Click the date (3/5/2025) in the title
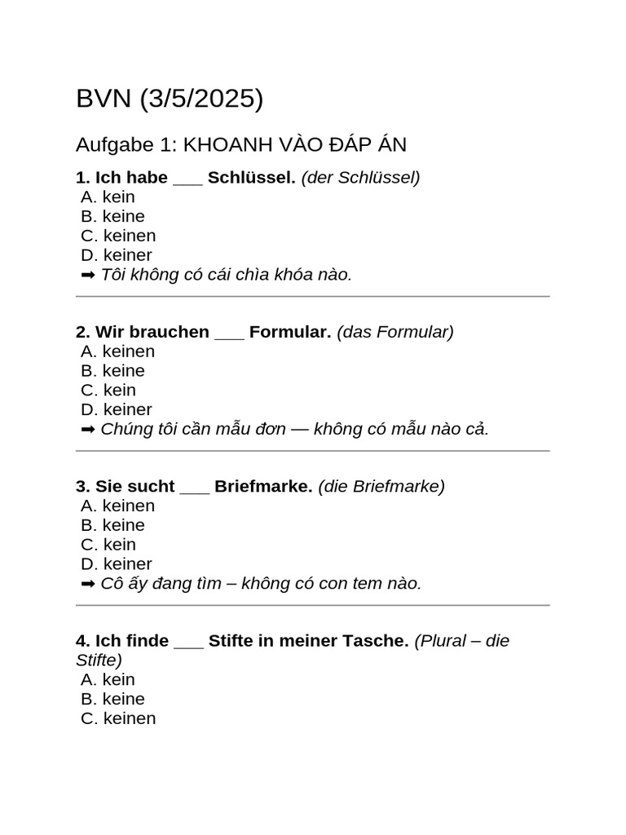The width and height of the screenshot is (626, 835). point(202,99)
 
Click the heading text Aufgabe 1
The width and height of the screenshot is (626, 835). point(126,145)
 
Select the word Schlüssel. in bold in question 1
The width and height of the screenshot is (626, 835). point(251,178)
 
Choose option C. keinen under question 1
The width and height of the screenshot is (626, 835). point(118,236)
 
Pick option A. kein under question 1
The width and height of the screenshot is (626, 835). point(108,197)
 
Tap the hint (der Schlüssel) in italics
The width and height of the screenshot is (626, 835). point(360,178)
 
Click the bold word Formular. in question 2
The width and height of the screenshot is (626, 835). point(290,332)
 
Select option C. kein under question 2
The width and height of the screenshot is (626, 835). point(108,390)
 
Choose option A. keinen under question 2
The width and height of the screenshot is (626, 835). point(118,351)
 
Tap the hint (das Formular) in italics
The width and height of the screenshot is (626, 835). point(395,332)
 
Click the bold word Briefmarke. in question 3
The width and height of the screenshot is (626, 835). point(263,486)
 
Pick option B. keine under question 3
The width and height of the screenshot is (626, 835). point(113,525)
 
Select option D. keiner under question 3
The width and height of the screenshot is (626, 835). point(117,563)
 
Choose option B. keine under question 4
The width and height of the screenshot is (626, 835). point(113,699)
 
